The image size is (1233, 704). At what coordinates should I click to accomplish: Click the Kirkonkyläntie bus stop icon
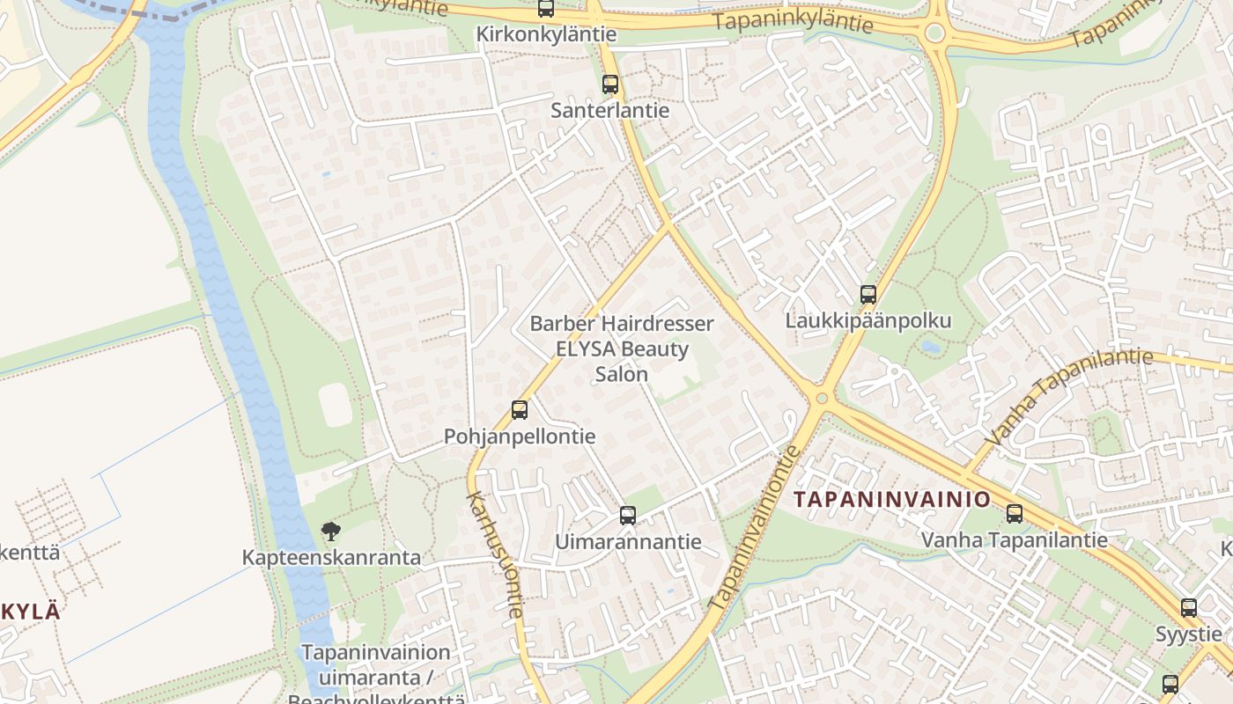pos(546,9)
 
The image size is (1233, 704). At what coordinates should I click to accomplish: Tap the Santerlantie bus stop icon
pos(610,84)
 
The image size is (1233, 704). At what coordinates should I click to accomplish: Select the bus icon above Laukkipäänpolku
pos(868,295)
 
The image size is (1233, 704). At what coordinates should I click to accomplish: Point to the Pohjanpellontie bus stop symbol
pos(520,409)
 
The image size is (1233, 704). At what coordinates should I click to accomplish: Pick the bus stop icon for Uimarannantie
pos(628,516)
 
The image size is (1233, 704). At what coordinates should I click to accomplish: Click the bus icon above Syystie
pos(1189,607)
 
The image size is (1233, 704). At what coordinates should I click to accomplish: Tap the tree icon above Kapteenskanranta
pos(331,531)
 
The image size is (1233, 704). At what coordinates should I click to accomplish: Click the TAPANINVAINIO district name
pos(892,500)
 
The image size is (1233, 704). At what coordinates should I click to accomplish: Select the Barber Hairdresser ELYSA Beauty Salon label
pos(622,348)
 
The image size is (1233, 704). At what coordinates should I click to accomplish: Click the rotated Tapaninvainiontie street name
pos(756,528)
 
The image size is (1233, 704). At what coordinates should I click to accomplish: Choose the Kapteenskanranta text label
pos(331,558)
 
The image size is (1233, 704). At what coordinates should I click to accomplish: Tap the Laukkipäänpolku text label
pos(868,320)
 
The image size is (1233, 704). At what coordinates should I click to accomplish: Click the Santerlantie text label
pos(610,111)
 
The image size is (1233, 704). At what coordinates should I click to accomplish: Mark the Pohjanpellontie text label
pos(520,436)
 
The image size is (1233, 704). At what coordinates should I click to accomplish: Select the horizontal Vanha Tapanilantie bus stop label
pos(1015,539)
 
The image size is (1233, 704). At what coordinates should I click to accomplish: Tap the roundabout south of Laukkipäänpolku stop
pos(822,399)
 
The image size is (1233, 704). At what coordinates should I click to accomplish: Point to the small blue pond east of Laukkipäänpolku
pos(930,347)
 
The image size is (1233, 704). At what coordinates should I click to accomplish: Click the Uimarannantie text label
pos(628,542)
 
